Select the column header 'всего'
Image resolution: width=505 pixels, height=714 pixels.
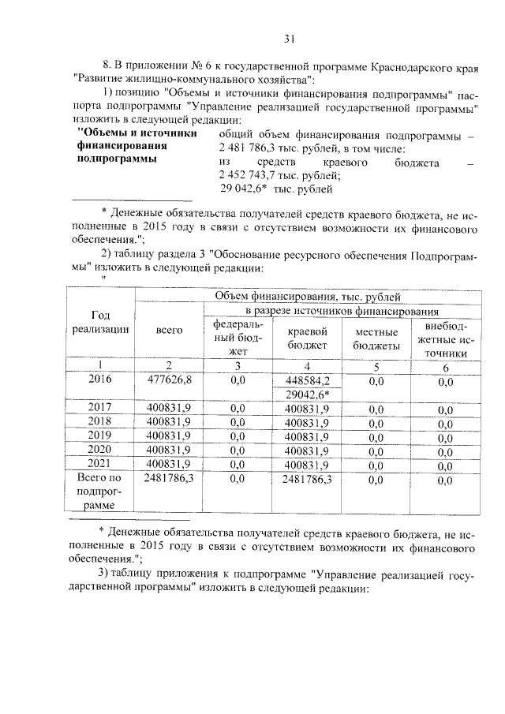point(170,330)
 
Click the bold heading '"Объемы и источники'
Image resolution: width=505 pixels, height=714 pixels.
point(136,133)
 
